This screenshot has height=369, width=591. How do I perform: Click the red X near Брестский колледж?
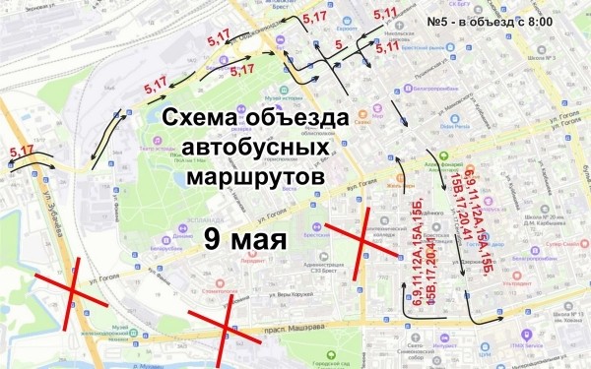click(360, 235)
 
